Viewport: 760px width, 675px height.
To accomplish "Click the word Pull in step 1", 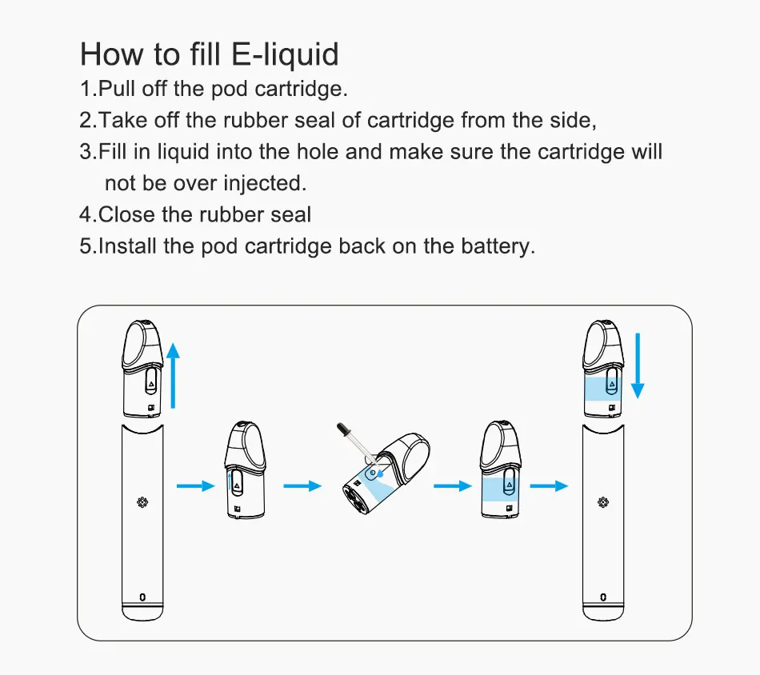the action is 117,89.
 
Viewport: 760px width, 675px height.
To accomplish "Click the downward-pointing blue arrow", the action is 638,366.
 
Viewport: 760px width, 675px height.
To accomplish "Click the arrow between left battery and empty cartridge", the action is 195,485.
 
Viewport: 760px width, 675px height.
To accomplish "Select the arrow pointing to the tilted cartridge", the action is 302,485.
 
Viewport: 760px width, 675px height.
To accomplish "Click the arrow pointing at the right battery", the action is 549,485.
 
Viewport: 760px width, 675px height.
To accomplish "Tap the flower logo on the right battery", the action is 602,502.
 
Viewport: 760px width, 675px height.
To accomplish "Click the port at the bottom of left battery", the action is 142,597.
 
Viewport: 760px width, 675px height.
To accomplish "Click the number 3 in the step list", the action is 86,152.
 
